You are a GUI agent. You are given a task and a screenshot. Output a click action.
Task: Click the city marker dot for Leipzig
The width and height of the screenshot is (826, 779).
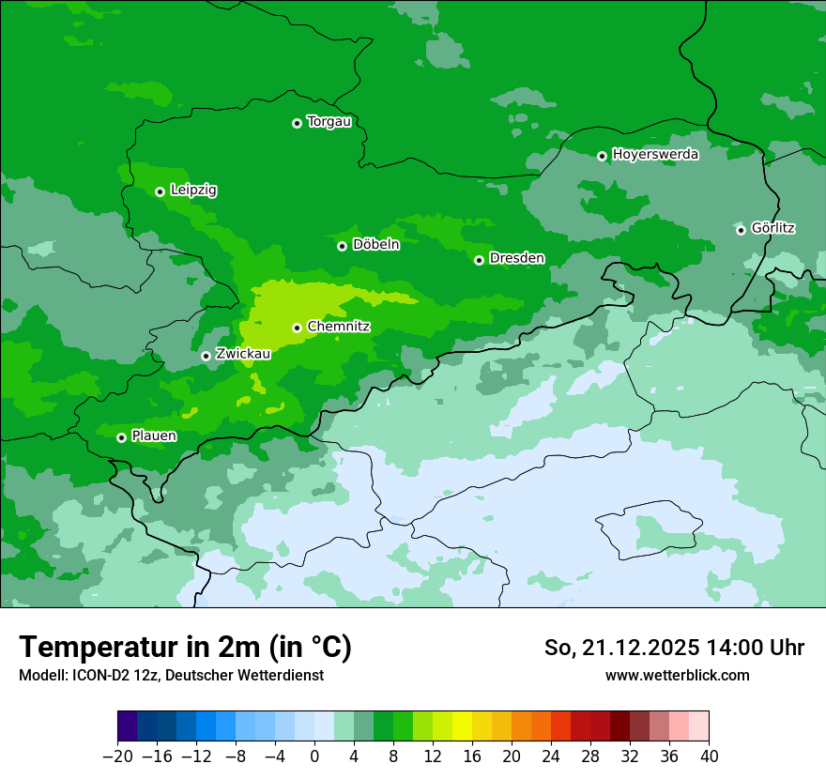coord(160,191)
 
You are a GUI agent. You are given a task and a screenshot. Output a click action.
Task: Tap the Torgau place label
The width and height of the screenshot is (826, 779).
coord(329,122)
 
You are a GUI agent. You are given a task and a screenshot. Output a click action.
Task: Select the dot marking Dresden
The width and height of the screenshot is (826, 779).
coord(479,260)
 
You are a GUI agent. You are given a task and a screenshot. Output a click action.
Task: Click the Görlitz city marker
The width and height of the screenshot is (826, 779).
coord(741,230)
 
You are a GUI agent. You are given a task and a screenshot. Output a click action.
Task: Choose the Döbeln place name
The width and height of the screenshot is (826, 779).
coord(375,245)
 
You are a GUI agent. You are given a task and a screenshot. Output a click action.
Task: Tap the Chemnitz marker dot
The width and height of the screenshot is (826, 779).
coord(297,328)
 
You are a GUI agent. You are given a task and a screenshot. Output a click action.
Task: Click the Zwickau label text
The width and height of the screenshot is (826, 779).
coord(243,354)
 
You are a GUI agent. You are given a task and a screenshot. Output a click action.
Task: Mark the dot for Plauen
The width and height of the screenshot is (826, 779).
coord(121,437)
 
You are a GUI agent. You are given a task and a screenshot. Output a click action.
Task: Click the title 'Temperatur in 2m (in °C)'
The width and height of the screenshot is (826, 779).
coord(186,648)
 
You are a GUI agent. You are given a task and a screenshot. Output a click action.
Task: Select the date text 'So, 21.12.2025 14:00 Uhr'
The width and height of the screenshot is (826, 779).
coord(674,648)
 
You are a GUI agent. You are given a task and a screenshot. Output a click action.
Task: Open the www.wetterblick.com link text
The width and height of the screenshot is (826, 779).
coord(677,675)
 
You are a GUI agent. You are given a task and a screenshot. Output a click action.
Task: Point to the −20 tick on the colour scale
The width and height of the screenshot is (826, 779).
coord(117,756)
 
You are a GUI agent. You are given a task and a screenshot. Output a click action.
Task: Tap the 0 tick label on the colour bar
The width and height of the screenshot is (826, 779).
coord(314,756)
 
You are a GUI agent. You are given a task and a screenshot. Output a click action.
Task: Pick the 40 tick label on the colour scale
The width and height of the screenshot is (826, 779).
coord(709,756)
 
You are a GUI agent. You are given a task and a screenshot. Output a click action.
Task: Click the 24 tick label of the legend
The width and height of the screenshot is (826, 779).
coord(551,756)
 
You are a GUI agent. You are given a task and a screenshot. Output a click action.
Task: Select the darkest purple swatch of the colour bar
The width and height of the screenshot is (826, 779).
coord(127,726)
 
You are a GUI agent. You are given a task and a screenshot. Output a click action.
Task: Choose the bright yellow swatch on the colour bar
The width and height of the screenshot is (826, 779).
coord(462,726)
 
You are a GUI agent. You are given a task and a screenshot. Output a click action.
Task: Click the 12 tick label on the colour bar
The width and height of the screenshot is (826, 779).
coord(433,756)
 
